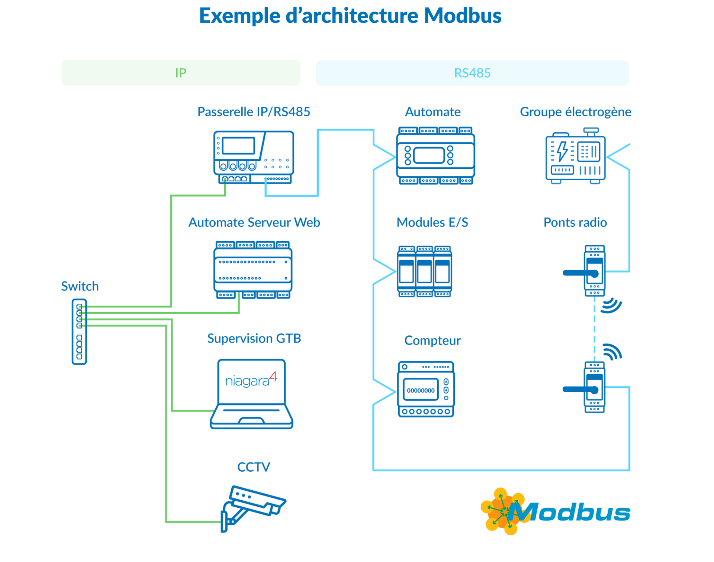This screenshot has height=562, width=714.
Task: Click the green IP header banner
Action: [x=181, y=73]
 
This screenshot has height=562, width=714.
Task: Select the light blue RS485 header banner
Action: [x=472, y=73]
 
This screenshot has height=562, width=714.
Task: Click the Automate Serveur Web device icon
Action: [x=253, y=270]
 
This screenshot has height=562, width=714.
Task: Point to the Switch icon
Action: [x=79, y=332]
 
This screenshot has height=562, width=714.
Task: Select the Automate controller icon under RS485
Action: [x=435, y=155]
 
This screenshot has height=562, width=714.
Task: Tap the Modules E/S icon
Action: [x=424, y=271]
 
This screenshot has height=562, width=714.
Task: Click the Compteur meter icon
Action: [x=426, y=389]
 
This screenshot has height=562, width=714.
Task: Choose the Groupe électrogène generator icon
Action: [x=575, y=156]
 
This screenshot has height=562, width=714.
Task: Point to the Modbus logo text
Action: [x=571, y=513]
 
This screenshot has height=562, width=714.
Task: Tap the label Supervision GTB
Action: [x=254, y=338]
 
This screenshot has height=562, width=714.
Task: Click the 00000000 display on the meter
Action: [x=421, y=390]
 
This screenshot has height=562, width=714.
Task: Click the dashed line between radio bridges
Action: [x=594, y=329]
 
